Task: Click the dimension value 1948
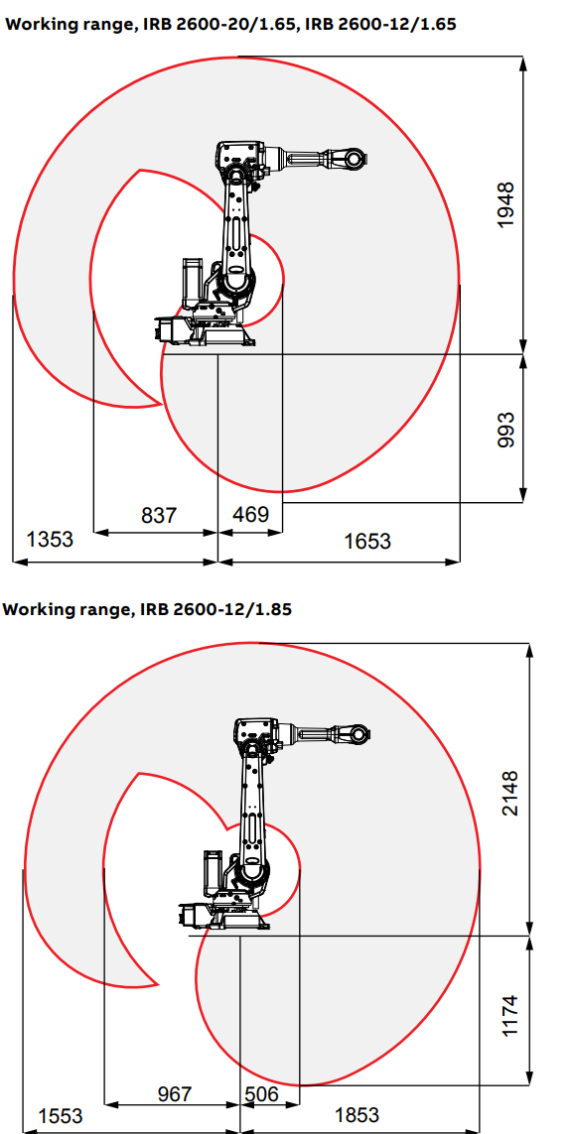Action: click(505, 205)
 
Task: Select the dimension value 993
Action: click(505, 430)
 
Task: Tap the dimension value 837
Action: click(158, 515)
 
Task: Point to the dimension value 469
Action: click(250, 514)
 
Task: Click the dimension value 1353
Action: click(50, 539)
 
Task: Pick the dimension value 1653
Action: click(367, 541)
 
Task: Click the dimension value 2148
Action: click(511, 794)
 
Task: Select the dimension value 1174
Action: click(511, 1015)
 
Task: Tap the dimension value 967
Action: click(175, 1093)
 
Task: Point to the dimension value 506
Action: click(261, 1093)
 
